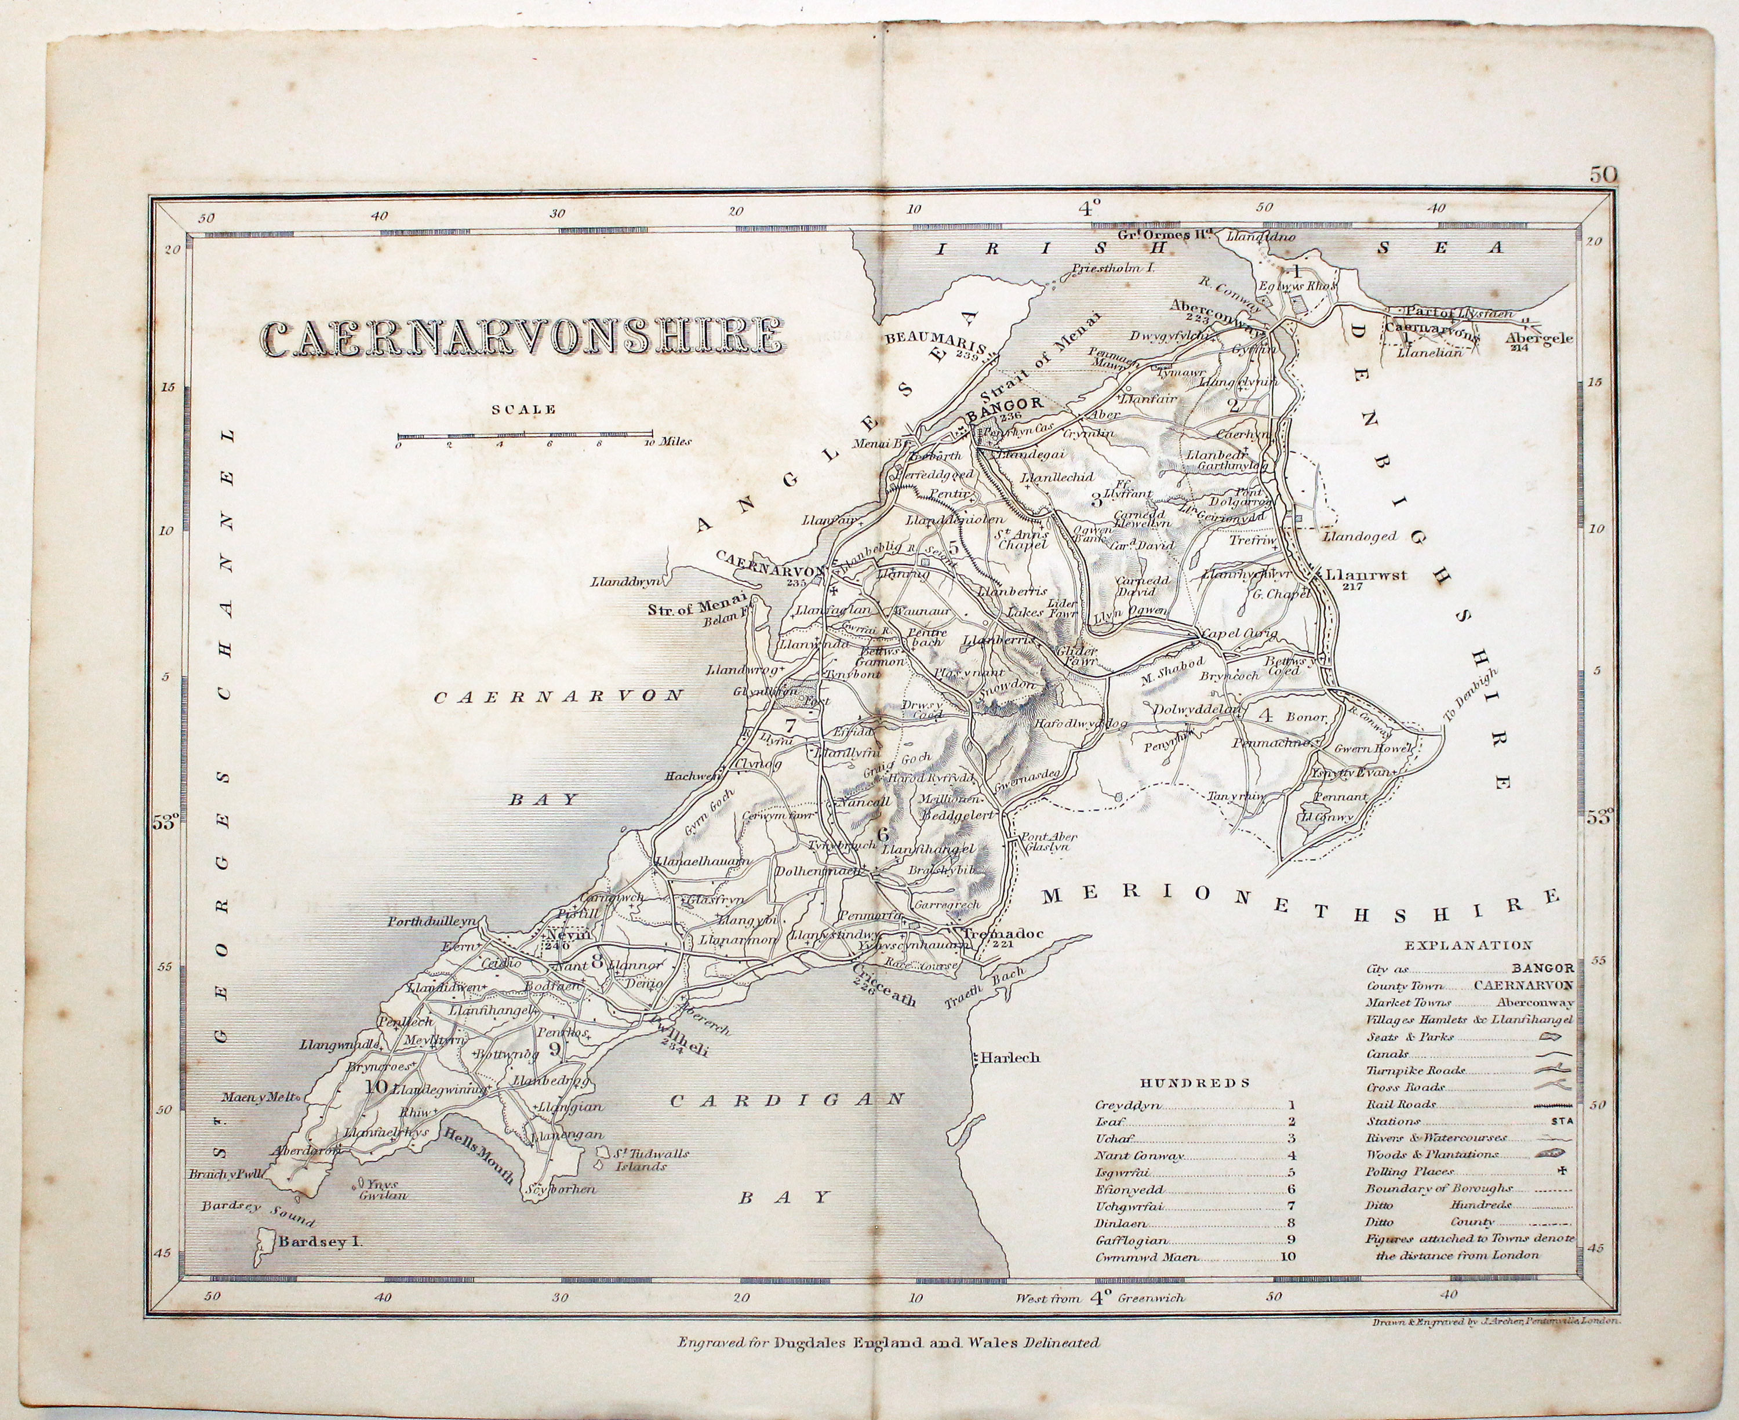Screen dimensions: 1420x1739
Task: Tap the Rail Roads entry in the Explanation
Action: pyautogui.click(x=1401, y=1104)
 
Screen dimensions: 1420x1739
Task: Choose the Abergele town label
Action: pyautogui.click(x=1540, y=338)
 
